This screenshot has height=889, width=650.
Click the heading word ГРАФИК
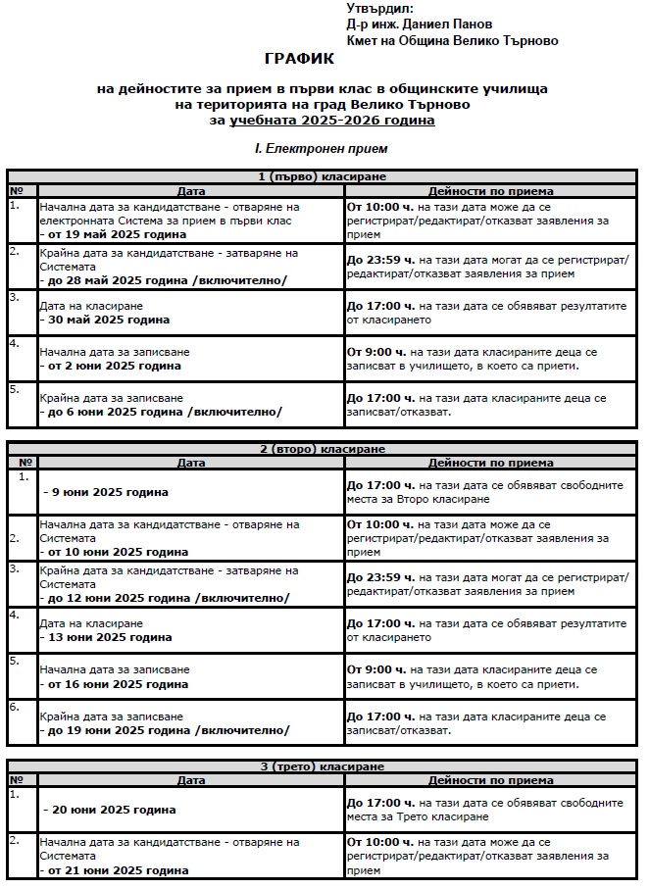coord(299,59)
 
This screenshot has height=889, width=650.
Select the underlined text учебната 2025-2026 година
coord(332,120)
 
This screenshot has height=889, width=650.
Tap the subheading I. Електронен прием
coord(321,149)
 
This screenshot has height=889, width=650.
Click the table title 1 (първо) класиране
coord(322,176)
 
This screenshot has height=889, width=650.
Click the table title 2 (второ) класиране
coord(322,449)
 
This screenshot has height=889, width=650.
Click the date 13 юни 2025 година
coord(110,637)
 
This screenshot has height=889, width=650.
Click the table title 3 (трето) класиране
coord(322,766)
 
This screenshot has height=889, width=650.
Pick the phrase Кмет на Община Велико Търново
coord(452,40)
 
